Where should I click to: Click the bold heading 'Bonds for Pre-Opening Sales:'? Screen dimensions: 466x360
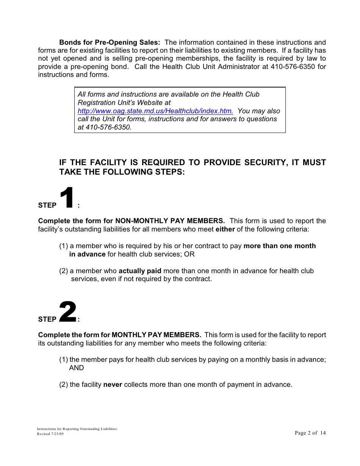click(110, 42)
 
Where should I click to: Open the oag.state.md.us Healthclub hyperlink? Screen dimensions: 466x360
click(155, 111)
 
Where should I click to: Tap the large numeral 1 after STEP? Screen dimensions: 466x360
click(67, 197)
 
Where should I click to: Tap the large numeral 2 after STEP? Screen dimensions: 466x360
click(68, 312)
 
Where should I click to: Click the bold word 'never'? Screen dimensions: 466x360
click(113, 385)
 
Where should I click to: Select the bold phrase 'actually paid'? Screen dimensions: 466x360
click(140, 271)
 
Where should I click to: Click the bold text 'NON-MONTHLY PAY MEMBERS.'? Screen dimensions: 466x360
click(170, 221)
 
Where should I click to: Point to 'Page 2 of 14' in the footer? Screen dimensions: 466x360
click(310, 433)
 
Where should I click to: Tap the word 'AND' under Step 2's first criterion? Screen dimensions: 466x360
click(77, 368)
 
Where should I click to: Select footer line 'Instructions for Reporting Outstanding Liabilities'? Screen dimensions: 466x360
click(77, 429)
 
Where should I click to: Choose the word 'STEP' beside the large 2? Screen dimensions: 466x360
click(47, 319)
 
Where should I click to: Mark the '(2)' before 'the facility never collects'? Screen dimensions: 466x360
click(64, 385)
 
